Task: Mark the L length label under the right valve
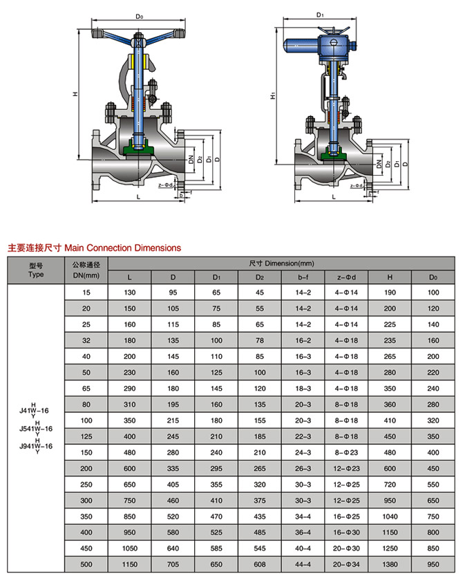(334, 197)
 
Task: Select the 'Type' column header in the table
(36, 274)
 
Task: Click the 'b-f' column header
(303, 277)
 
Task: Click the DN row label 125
(86, 437)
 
